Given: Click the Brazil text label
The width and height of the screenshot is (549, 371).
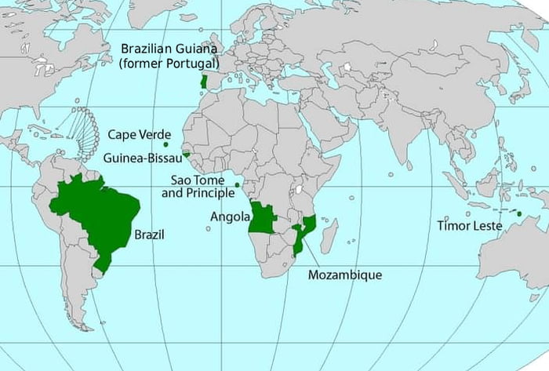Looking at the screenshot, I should [x=149, y=234].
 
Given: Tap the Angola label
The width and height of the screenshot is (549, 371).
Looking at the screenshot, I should [x=230, y=216].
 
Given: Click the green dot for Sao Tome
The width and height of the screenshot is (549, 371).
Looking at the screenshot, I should [x=237, y=184].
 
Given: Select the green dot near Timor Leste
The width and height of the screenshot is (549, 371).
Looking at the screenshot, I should [x=519, y=213].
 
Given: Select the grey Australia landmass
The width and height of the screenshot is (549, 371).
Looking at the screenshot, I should [x=514, y=251].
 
